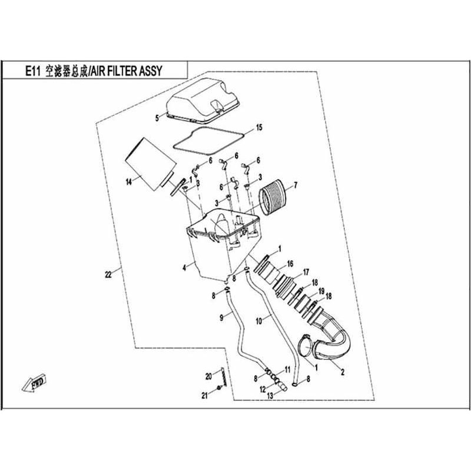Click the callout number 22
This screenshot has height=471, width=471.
click(x=107, y=274)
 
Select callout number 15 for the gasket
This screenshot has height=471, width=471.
click(x=259, y=128)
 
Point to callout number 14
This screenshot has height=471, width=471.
click(x=128, y=182)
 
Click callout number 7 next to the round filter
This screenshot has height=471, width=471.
click(x=295, y=185)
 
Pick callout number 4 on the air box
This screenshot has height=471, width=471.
click(x=184, y=267)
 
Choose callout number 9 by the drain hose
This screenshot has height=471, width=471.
click(x=221, y=317)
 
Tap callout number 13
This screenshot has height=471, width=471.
click(x=270, y=396)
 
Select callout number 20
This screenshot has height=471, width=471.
click(x=208, y=376)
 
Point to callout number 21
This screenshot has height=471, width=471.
click(x=205, y=396)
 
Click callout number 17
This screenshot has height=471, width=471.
click(x=305, y=271)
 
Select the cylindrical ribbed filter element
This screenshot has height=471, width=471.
click(x=274, y=197)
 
